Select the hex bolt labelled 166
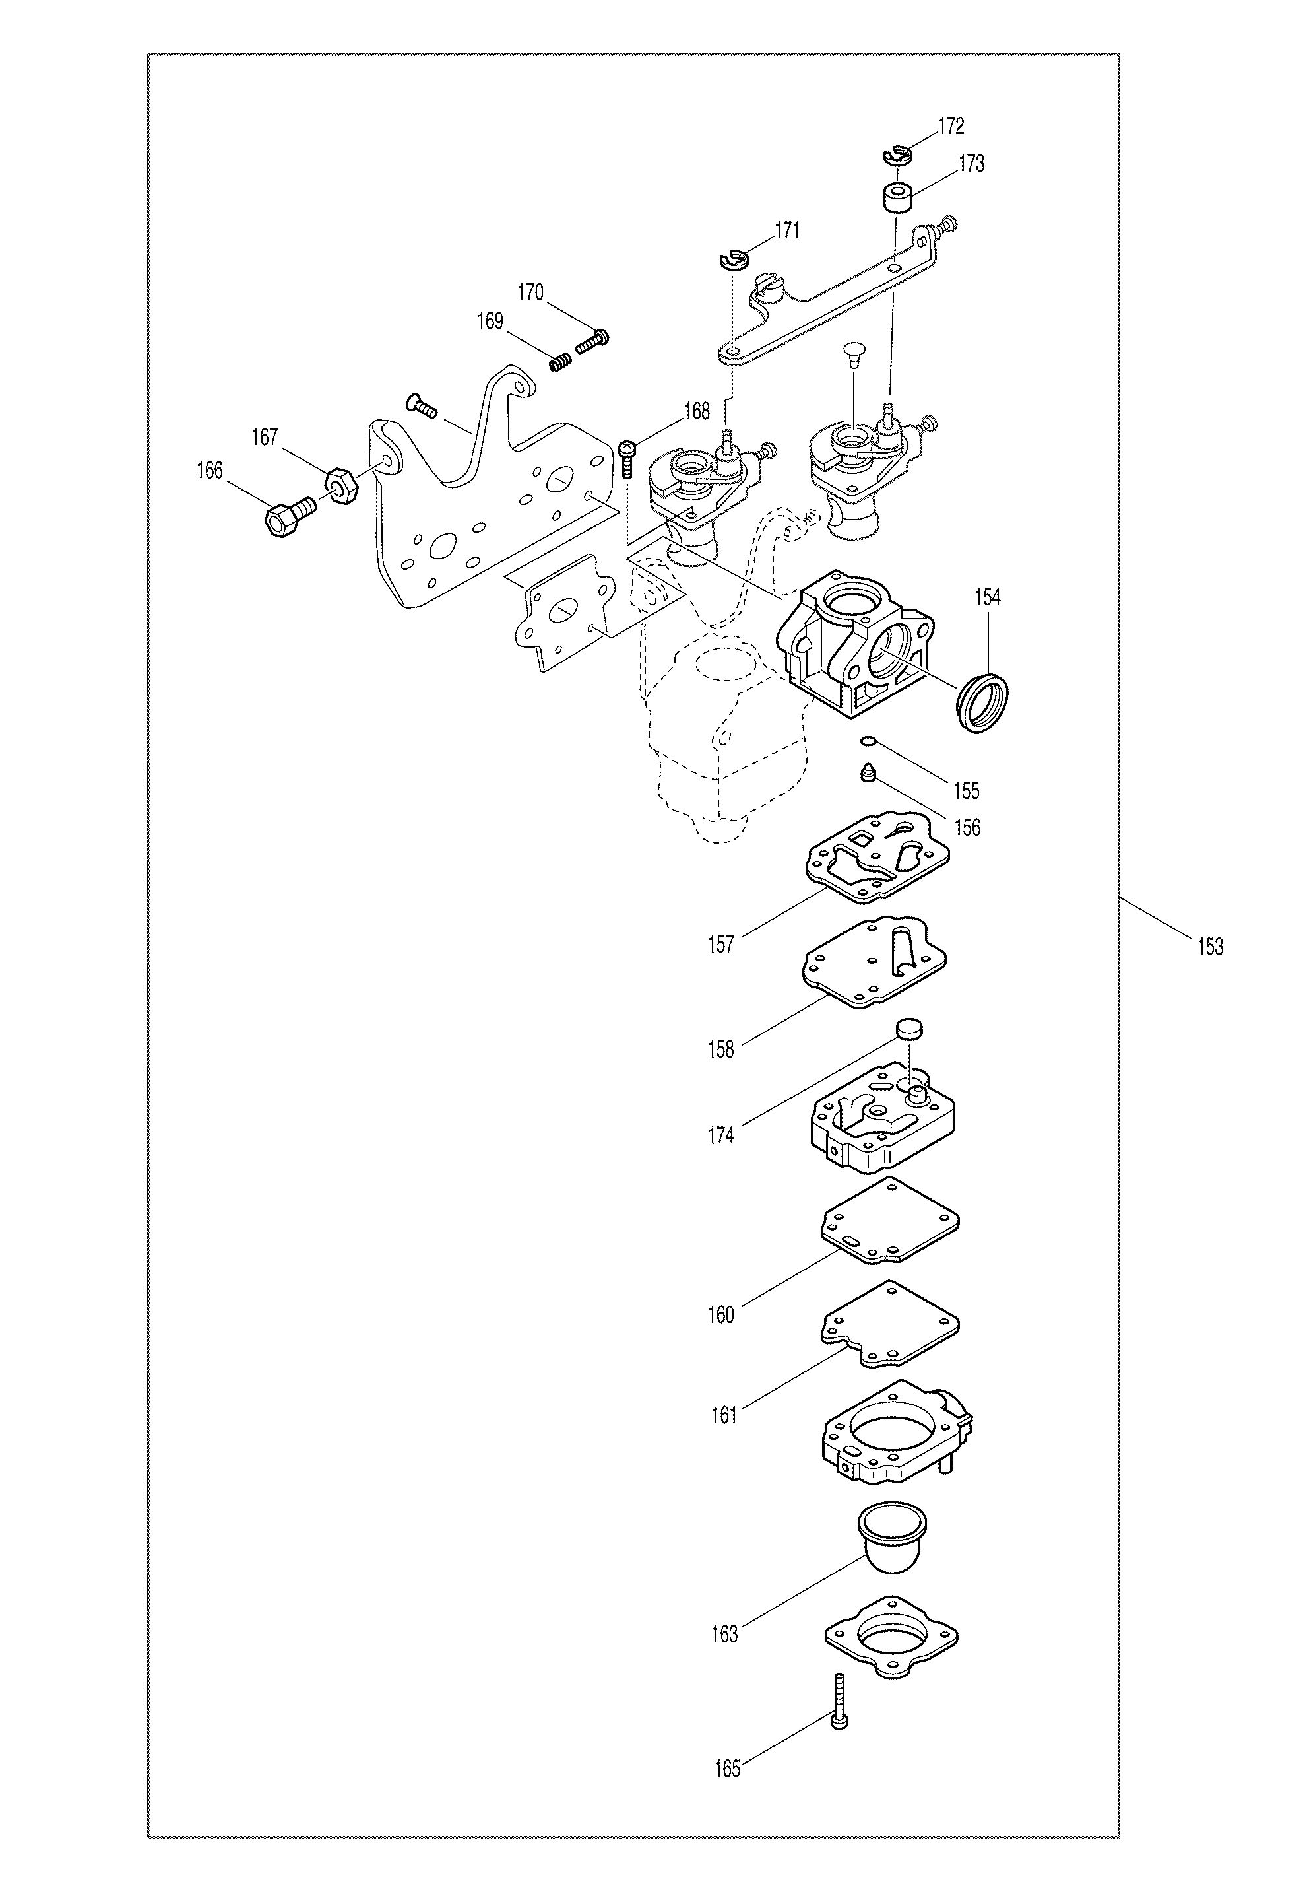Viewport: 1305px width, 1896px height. pos(290,516)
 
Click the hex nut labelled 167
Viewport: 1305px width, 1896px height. pos(342,487)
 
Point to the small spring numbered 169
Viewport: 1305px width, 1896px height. pos(560,360)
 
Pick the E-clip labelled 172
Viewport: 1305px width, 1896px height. pos(898,153)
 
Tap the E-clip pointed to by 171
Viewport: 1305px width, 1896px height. pos(734,261)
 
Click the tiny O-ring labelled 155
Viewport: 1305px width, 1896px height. pos(869,742)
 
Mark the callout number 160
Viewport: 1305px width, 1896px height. pos(721,1315)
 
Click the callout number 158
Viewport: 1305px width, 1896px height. pos(721,1050)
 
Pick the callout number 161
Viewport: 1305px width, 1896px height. pos(724,1416)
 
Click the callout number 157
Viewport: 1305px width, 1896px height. pos(721,945)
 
